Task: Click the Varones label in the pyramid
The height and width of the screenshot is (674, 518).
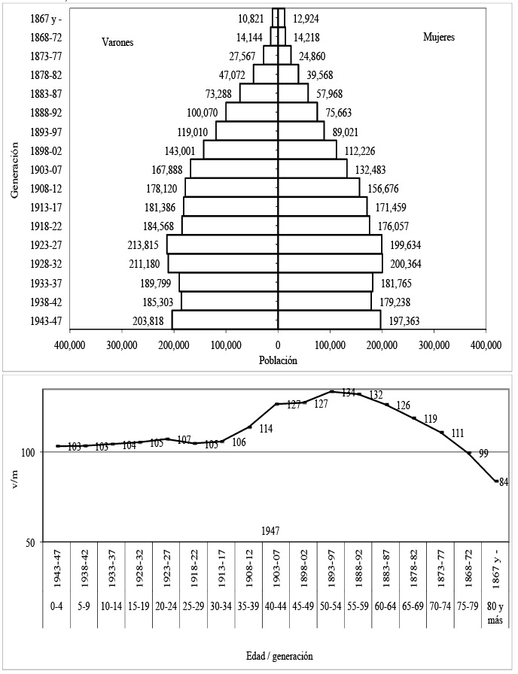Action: click(117, 43)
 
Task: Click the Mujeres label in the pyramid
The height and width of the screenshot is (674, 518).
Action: click(439, 36)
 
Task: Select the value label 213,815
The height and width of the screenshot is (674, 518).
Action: click(145, 244)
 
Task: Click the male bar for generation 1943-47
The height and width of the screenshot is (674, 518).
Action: click(225, 320)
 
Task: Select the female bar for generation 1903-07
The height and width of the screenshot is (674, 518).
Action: click(312, 168)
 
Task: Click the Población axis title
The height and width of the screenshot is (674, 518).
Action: click(279, 360)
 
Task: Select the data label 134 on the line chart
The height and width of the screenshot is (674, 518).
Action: click(348, 393)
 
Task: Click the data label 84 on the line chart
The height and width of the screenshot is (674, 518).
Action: click(504, 483)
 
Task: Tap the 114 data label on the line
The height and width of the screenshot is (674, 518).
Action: click(266, 430)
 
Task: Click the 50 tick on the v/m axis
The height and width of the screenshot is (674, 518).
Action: click(27, 542)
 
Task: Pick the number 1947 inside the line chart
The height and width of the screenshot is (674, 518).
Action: click(271, 530)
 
